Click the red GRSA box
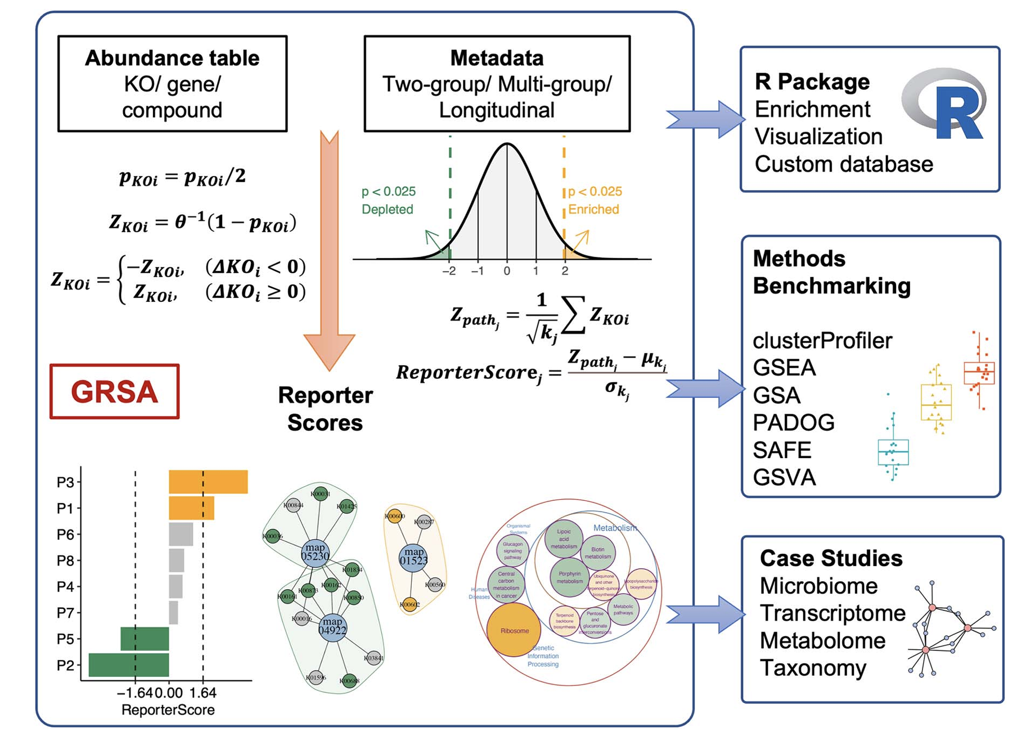[x=114, y=392]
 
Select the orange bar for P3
[x=208, y=482]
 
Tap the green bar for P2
[x=129, y=665]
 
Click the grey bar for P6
[x=181, y=534]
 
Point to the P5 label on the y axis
[x=65, y=639]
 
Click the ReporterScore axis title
[x=168, y=710]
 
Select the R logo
[x=945, y=104]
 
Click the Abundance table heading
[x=172, y=58]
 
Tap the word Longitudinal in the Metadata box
[x=496, y=110]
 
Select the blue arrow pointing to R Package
[x=706, y=120]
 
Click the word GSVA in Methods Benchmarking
[x=784, y=478]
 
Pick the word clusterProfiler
[x=822, y=341]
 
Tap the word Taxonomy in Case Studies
[x=812, y=668]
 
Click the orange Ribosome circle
[x=514, y=631]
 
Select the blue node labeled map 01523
[x=413, y=557]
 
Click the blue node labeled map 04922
[x=332, y=626]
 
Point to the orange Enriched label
[x=593, y=210]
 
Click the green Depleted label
[x=387, y=210]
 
